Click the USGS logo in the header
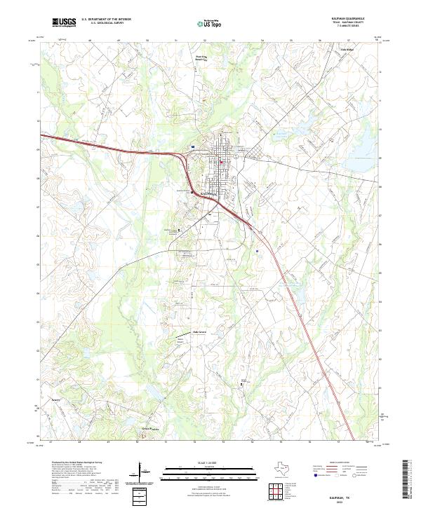[x=64, y=22]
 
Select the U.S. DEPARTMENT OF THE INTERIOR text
[x=106, y=19]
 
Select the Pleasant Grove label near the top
[x=202, y=59]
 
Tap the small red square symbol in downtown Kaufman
[x=220, y=164]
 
